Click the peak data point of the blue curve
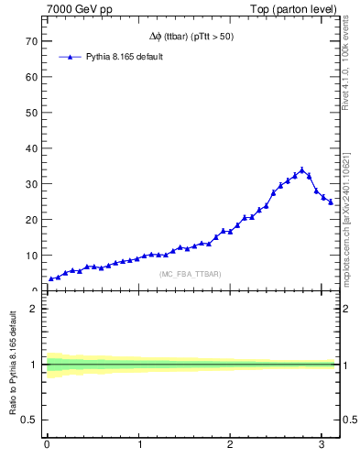click(x=302, y=169)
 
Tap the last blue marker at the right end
click(x=331, y=202)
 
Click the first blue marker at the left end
click(x=51, y=278)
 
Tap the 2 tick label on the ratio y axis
click(x=33, y=309)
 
